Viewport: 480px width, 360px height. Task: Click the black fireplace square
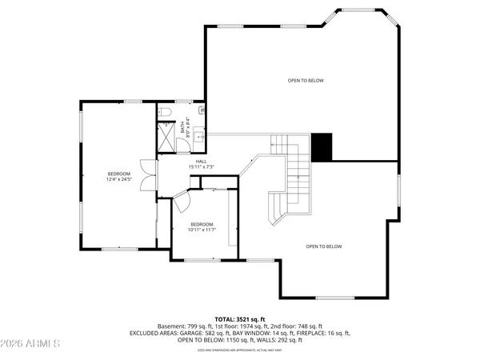click(x=322, y=146)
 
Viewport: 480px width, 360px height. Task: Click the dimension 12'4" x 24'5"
click(x=118, y=178)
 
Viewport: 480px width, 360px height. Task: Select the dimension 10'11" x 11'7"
click(x=202, y=230)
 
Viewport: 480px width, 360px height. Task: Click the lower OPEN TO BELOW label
click(x=323, y=246)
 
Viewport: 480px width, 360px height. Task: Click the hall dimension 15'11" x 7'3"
click(x=202, y=166)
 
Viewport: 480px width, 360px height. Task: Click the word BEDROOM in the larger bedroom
click(x=118, y=174)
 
